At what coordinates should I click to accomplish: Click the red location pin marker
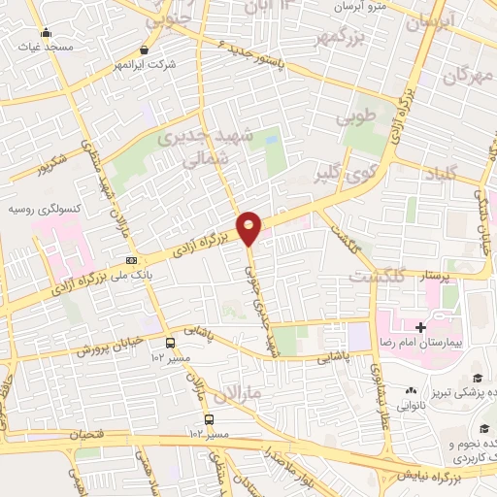pyautogui.click(x=249, y=228)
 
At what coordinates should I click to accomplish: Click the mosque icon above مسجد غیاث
pyautogui.click(x=46, y=33)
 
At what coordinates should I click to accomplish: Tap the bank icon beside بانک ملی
pyautogui.click(x=131, y=260)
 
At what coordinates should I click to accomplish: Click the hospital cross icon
pyautogui.click(x=419, y=328)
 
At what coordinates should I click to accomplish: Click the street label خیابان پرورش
pyautogui.click(x=110, y=345)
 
